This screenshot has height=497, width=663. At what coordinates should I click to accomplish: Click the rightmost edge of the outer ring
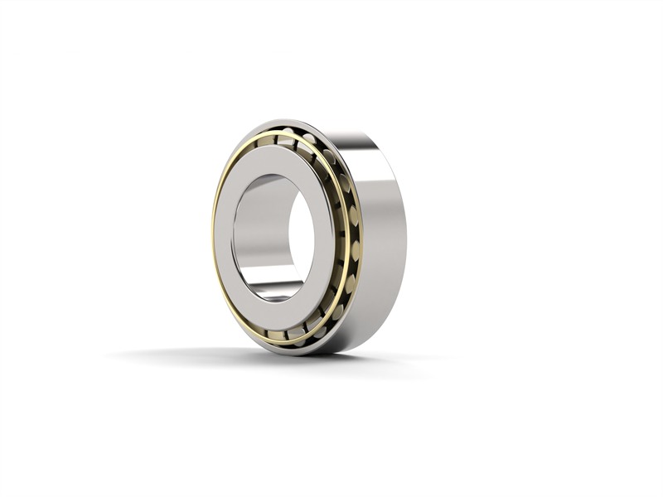[x=405, y=240]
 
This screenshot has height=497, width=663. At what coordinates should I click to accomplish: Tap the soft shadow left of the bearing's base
[x=166, y=354]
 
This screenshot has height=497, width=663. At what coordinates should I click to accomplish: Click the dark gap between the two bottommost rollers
[x=286, y=335]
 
